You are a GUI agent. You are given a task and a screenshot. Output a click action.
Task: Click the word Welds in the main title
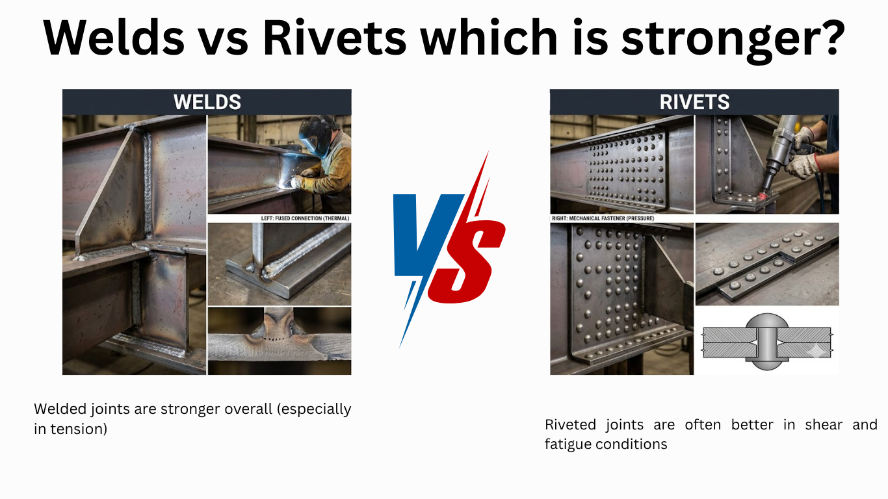[x=114, y=38]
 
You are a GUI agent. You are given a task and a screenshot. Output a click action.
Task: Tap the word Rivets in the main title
[x=335, y=38]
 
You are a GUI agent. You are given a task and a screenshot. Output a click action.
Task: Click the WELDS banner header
[x=207, y=102]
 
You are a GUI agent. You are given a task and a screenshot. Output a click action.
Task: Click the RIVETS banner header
[x=694, y=102]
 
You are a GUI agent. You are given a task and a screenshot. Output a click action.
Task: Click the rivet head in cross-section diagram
[x=767, y=322]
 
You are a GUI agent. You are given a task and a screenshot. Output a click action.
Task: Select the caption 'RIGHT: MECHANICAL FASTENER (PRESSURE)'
[x=603, y=218]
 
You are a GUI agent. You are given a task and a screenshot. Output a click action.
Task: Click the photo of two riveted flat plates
[x=767, y=264]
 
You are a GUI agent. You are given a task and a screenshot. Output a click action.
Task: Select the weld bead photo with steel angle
[x=279, y=264]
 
